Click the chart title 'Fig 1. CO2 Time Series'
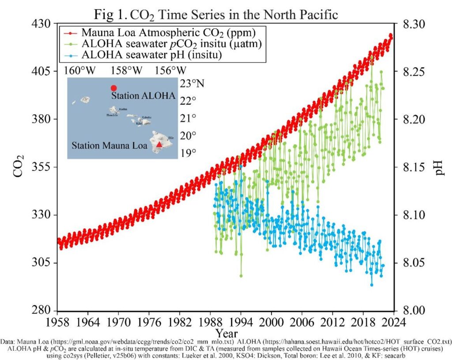[216, 14]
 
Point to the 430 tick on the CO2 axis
[43, 23]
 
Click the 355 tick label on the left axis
[43, 167]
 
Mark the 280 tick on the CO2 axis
[43, 311]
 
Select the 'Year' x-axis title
[226, 332]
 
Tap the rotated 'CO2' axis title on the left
[19, 166]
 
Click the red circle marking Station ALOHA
[113, 88]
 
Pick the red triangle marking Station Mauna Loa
[159, 144]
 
